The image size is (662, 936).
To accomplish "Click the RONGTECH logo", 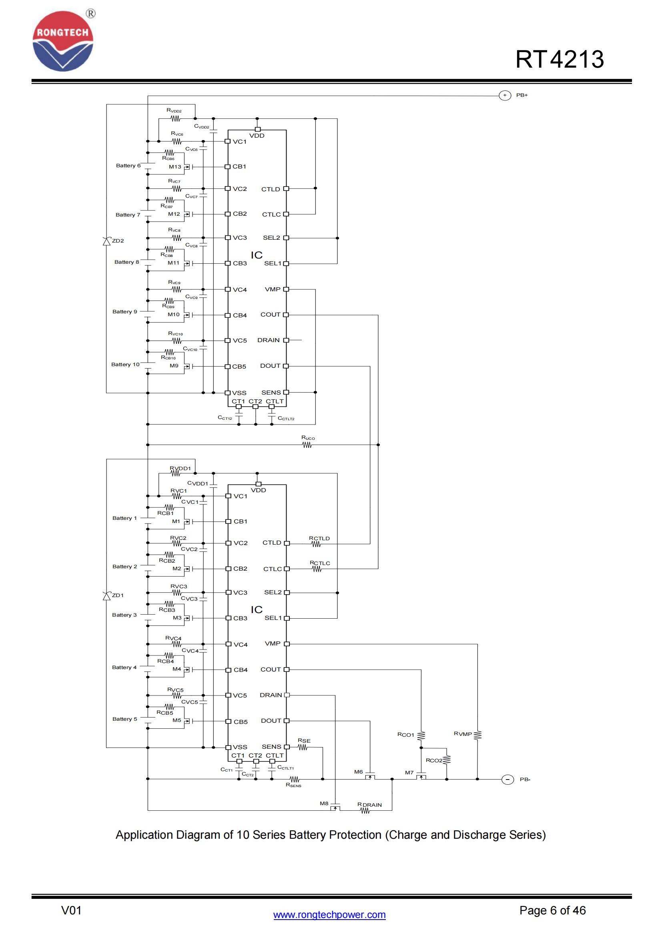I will click(x=63, y=41).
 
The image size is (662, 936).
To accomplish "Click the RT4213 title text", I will click(x=559, y=60).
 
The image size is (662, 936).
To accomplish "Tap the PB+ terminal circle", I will click(x=505, y=95).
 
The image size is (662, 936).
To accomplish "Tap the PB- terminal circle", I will click(x=507, y=780).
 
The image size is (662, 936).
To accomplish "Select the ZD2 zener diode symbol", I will click(x=107, y=241).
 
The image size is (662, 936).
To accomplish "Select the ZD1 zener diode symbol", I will click(x=107, y=596).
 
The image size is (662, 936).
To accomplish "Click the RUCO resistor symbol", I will click(x=307, y=445).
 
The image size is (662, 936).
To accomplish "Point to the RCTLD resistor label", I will click(x=319, y=538).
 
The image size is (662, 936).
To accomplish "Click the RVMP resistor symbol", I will click(x=478, y=735).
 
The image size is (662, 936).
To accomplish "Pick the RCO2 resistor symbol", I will click(x=447, y=760).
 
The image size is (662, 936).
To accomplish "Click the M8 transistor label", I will click(x=324, y=804).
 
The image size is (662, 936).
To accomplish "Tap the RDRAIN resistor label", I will click(x=369, y=805).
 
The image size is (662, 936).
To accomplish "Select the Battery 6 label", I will click(x=128, y=166).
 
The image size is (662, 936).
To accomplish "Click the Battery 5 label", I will click(x=124, y=719).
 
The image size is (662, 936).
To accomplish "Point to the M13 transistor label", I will click(x=175, y=167).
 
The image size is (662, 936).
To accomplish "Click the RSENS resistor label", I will click(x=293, y=785).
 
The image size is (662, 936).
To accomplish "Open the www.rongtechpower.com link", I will click(x=329, y=915).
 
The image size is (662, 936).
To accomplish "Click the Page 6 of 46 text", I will click(x=552, y=910).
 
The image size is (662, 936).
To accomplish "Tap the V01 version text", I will click(x=71, y=910).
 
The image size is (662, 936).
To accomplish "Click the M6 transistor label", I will click(x=358, y=772).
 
